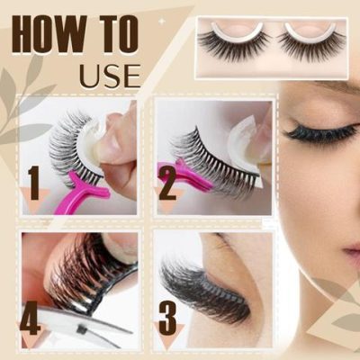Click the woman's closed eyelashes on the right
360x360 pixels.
click(319, 134)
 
